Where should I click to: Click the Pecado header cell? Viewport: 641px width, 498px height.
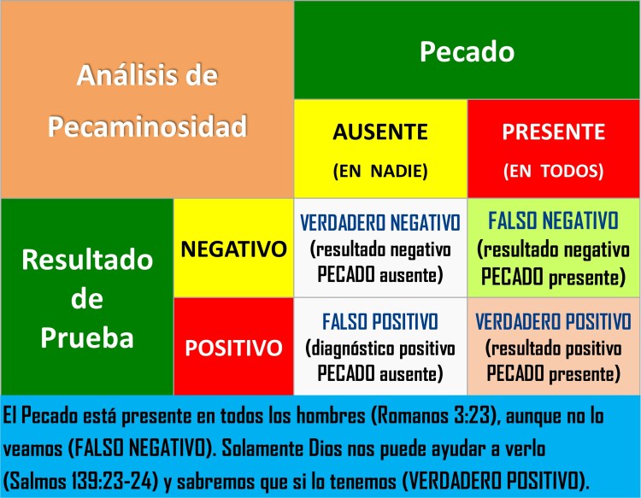click(466, 52)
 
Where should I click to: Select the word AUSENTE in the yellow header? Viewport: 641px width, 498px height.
click(380, 132)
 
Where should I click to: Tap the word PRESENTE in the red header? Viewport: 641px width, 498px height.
click(553, 132)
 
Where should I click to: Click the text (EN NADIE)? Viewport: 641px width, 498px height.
click(380, 171)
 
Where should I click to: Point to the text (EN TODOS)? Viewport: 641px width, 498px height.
click(553, 171)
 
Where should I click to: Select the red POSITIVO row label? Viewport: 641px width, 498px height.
click(232, 348)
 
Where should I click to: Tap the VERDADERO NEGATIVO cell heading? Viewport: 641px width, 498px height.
click(379, 223)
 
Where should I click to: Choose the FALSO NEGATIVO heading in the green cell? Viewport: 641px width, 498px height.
click(553, 221)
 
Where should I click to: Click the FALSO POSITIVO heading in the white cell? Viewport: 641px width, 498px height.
click(379, 322)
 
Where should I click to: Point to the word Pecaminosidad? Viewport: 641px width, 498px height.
click(147, 127)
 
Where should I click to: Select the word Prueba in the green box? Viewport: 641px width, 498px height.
click(88, 338)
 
